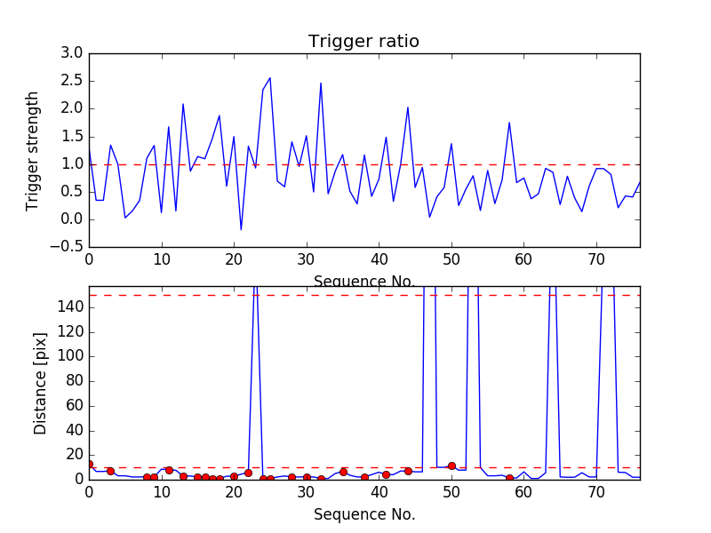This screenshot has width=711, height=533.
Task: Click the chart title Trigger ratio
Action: point(363,42)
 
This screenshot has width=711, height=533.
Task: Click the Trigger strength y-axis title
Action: point(33,150)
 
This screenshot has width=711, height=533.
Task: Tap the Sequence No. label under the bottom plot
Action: point(363,514)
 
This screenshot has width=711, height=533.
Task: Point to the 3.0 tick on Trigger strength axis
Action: point(71,54)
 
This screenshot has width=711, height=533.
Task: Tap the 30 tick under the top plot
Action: point(307,260)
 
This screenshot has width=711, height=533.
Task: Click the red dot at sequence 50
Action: point(451,465)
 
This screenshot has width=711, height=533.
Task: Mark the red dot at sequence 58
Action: point(509,478)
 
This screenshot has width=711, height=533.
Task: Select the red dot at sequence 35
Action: point(343,472)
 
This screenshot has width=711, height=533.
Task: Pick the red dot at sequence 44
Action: point(408,471)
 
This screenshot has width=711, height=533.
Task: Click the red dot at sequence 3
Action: point(110,471)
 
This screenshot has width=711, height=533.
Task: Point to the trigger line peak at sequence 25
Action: point(270,77)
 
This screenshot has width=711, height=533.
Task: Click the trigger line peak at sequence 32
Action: point(321,84)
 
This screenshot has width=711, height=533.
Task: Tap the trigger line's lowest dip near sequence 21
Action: point(241,230)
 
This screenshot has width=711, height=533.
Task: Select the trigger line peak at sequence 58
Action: point(509,123)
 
